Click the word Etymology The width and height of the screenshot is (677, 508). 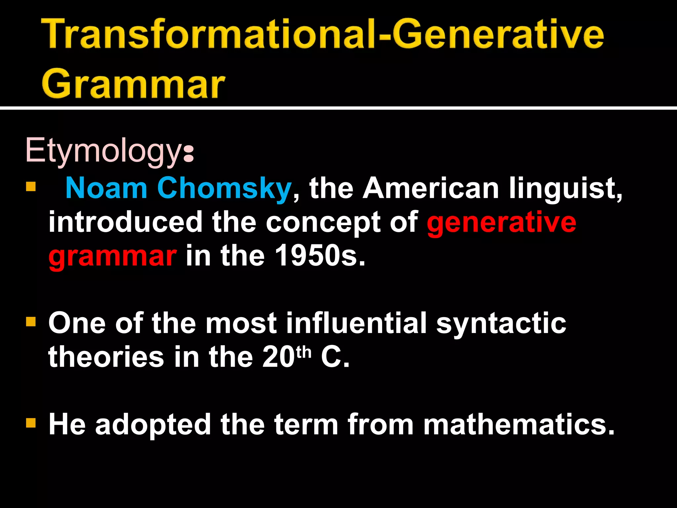click(x=102, y=151)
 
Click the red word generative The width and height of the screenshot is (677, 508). click(x=501, y=222)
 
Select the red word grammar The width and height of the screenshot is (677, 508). click(x=112, y=256)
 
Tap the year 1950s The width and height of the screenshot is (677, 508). click(x=320, y=256)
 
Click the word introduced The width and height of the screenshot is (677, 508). click(x=125, y=222)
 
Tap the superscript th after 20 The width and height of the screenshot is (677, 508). click(x=304, y=352)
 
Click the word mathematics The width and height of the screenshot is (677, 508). click(x=519, y=425)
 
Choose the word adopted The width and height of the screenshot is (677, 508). click(x=153, y=425)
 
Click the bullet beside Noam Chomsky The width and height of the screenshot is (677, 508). click(x=31, y=187)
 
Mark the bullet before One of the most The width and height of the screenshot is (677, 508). click(x=31, y=321)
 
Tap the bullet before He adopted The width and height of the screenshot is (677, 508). click(x=31, y=423)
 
